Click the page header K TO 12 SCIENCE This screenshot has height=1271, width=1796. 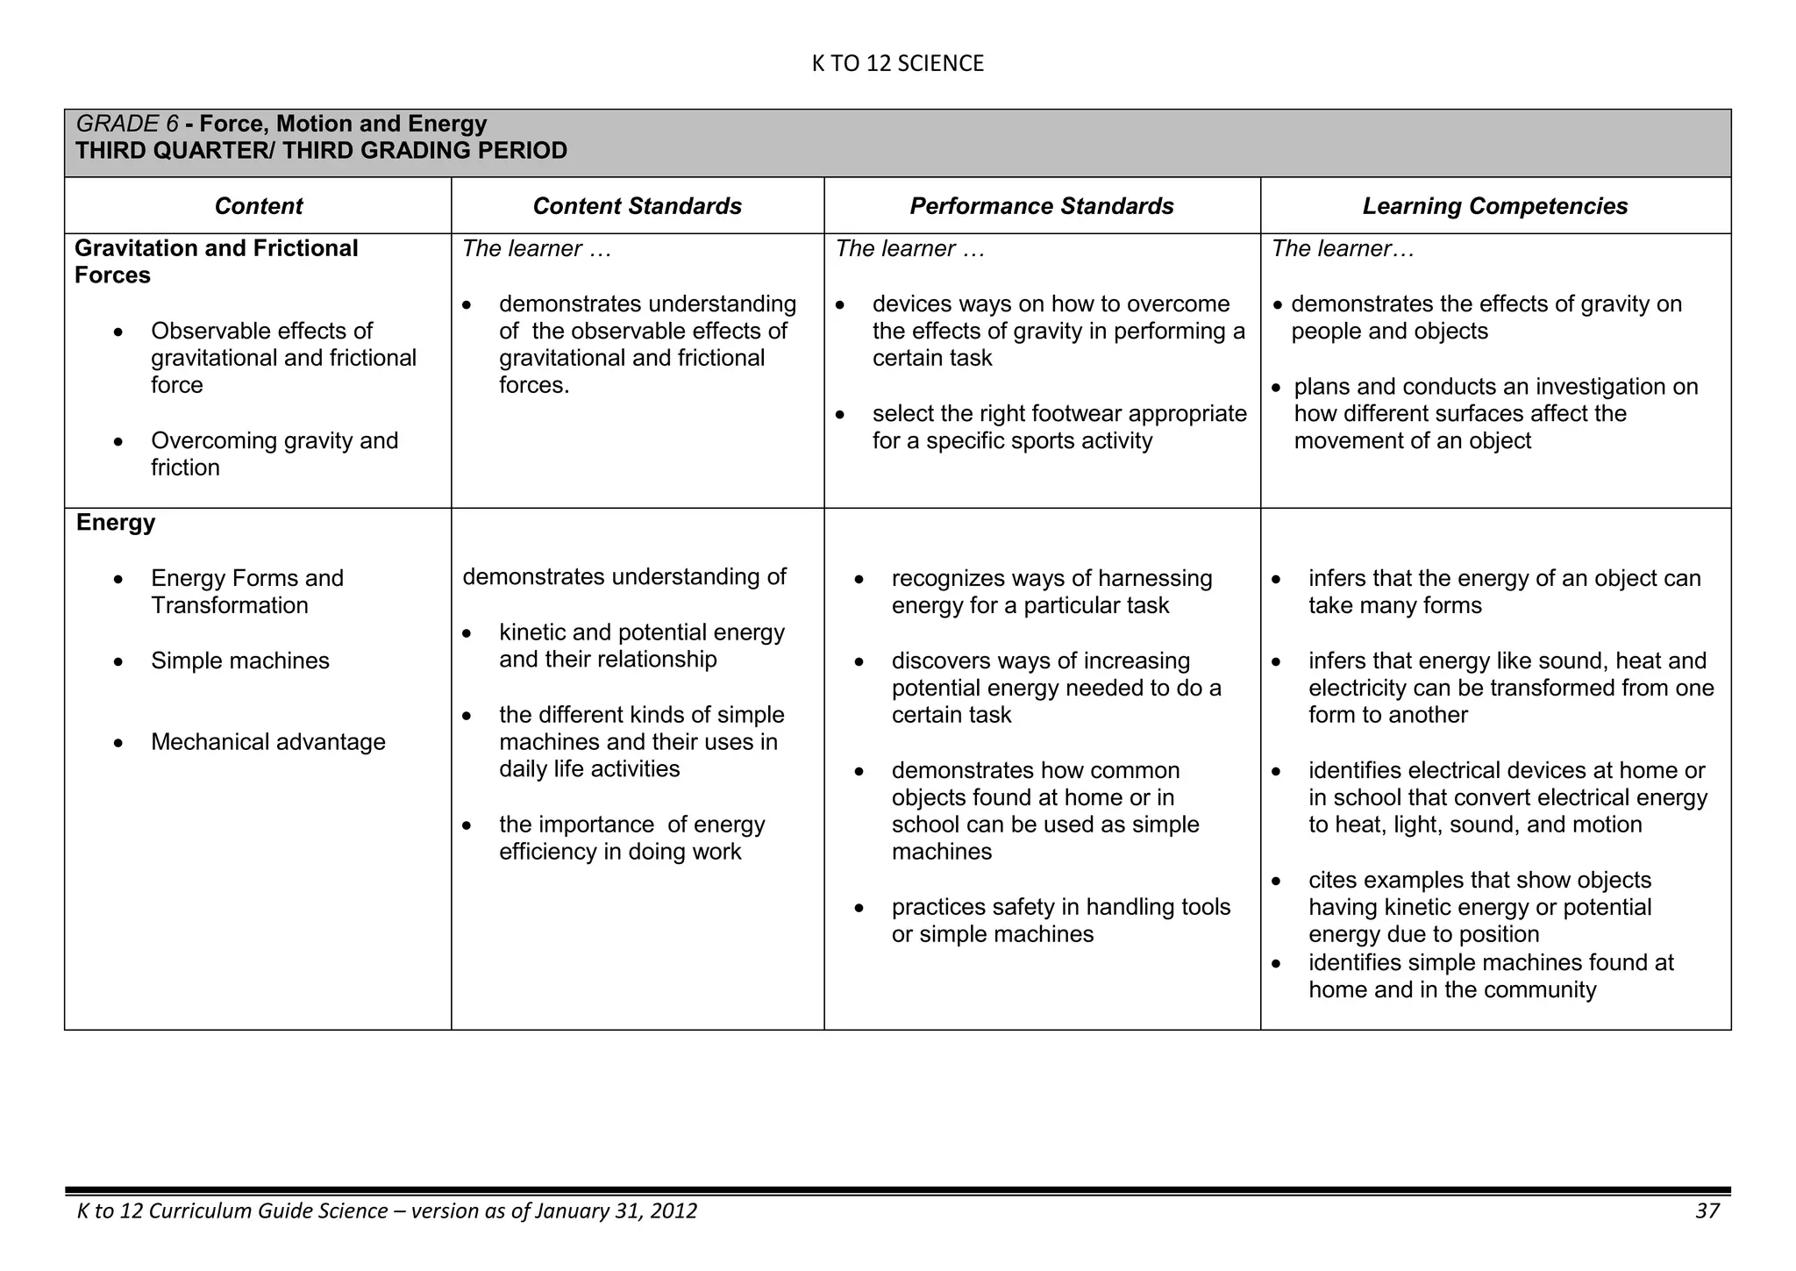897,63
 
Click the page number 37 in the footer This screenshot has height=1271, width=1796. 1707,1211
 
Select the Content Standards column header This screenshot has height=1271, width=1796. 637,206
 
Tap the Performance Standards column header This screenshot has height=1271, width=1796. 1041,206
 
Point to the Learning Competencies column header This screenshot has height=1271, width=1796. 1494,206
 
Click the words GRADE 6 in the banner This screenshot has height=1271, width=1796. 126,124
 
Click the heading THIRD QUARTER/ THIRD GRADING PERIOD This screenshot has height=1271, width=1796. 321,151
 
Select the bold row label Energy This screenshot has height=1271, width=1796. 116,523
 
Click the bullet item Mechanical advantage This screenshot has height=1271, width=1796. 267,742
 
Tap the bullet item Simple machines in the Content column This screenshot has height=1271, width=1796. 239,660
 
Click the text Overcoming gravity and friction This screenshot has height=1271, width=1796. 274,453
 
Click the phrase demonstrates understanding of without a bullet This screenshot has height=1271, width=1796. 624,577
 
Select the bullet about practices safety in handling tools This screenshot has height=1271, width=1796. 1060,920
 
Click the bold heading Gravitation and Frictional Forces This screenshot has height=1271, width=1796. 216,261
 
